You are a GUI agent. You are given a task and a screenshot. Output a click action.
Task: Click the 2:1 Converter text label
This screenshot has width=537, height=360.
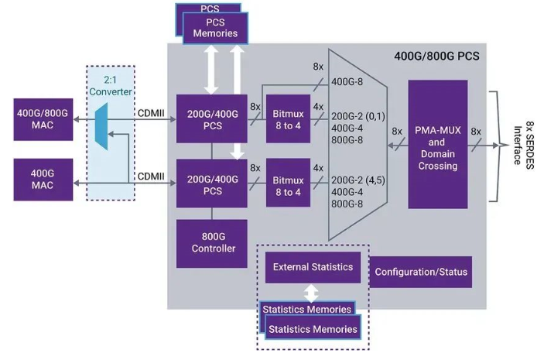(109, 85)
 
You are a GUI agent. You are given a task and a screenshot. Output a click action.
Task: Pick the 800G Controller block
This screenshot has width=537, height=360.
(212, 243)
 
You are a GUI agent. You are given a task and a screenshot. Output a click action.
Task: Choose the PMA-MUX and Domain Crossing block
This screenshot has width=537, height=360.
(437, 143)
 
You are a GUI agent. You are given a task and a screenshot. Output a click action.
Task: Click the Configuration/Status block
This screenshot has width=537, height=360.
(421, 273)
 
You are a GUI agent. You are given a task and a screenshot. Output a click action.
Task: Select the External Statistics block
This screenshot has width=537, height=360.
(313, 267)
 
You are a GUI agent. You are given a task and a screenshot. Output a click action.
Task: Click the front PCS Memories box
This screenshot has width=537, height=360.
(215, 29)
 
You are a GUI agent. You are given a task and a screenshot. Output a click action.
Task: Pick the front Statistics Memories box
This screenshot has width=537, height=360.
(313, 329)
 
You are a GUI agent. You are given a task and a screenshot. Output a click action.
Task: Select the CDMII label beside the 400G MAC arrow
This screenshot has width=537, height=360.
(151, 177)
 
